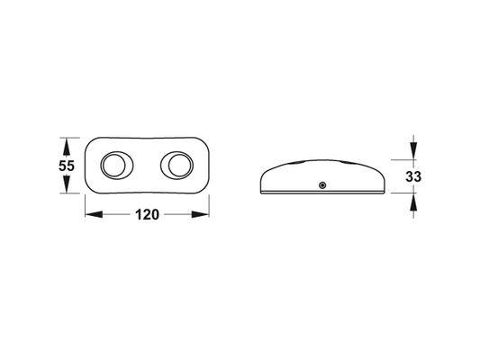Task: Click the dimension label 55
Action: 67,166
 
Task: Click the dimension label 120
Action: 148,214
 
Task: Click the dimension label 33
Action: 413,176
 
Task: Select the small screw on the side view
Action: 322,185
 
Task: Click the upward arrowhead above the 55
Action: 67,146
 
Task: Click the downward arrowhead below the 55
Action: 67,184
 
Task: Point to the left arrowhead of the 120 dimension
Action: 94,214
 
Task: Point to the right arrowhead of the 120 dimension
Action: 200,214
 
